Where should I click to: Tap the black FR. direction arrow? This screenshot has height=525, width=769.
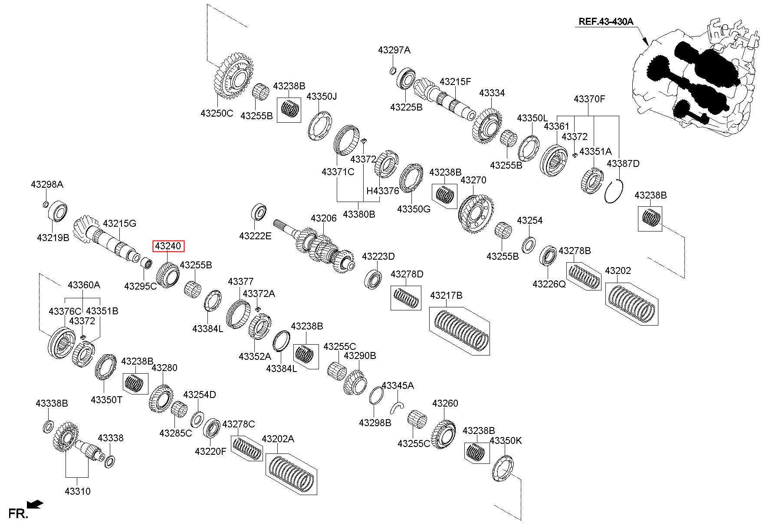click(35, 504)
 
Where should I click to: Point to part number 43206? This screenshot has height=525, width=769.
click(323, 218)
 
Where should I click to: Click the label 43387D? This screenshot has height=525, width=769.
click(623, 163)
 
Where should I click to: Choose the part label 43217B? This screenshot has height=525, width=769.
click(446, 295)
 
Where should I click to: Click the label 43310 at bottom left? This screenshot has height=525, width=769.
click(78, 491)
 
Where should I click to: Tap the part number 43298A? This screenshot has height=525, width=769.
click(47, 184)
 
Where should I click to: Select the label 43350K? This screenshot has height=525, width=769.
click(506, 440)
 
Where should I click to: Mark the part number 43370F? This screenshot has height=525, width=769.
click(589, 99)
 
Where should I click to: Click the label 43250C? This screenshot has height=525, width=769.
click(217, 114)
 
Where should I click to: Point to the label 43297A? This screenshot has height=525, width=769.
click(394, 50)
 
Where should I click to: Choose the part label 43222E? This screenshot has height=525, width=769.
click(255, 236)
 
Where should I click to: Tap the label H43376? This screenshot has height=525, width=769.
click(383, 191)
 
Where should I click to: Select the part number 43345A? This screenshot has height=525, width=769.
click(398, 385)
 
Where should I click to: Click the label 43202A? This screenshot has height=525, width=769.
click(278, 439)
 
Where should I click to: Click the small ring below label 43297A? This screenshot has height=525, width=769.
click(392, 71)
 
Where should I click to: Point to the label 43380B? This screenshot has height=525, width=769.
click(359, 214)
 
